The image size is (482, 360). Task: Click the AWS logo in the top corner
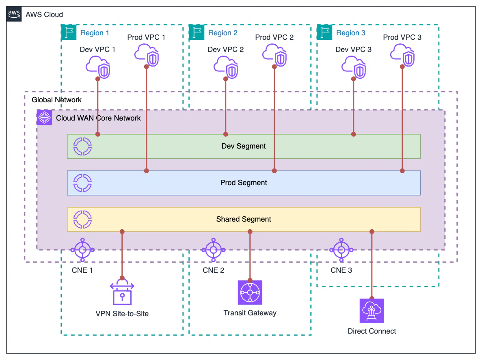pos(14,14)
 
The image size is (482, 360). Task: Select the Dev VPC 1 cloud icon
pos(98,68)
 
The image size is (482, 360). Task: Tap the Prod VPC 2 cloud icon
pos(275,56)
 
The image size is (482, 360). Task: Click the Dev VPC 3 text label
pos(353,50)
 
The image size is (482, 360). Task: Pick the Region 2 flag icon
pos(196,32)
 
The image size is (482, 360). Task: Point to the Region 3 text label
pos(350,33)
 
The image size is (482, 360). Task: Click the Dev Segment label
pos(244,146)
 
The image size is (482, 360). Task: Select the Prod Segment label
pos(244,183)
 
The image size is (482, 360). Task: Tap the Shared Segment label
pos(244,219)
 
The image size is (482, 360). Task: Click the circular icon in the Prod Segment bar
pos(82,183)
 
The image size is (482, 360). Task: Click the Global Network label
pos(56,100)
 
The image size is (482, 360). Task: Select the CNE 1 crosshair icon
pos(82,250)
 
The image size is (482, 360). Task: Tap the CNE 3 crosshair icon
pos(341,250)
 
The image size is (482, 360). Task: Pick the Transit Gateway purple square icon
pos(250,292)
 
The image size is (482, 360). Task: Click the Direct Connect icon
pos(372,310)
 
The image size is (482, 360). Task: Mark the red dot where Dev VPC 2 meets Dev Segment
pos(226,134)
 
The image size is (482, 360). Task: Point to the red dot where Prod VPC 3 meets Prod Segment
pos(402,171)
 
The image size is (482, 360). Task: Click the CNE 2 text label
pos(213,270)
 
